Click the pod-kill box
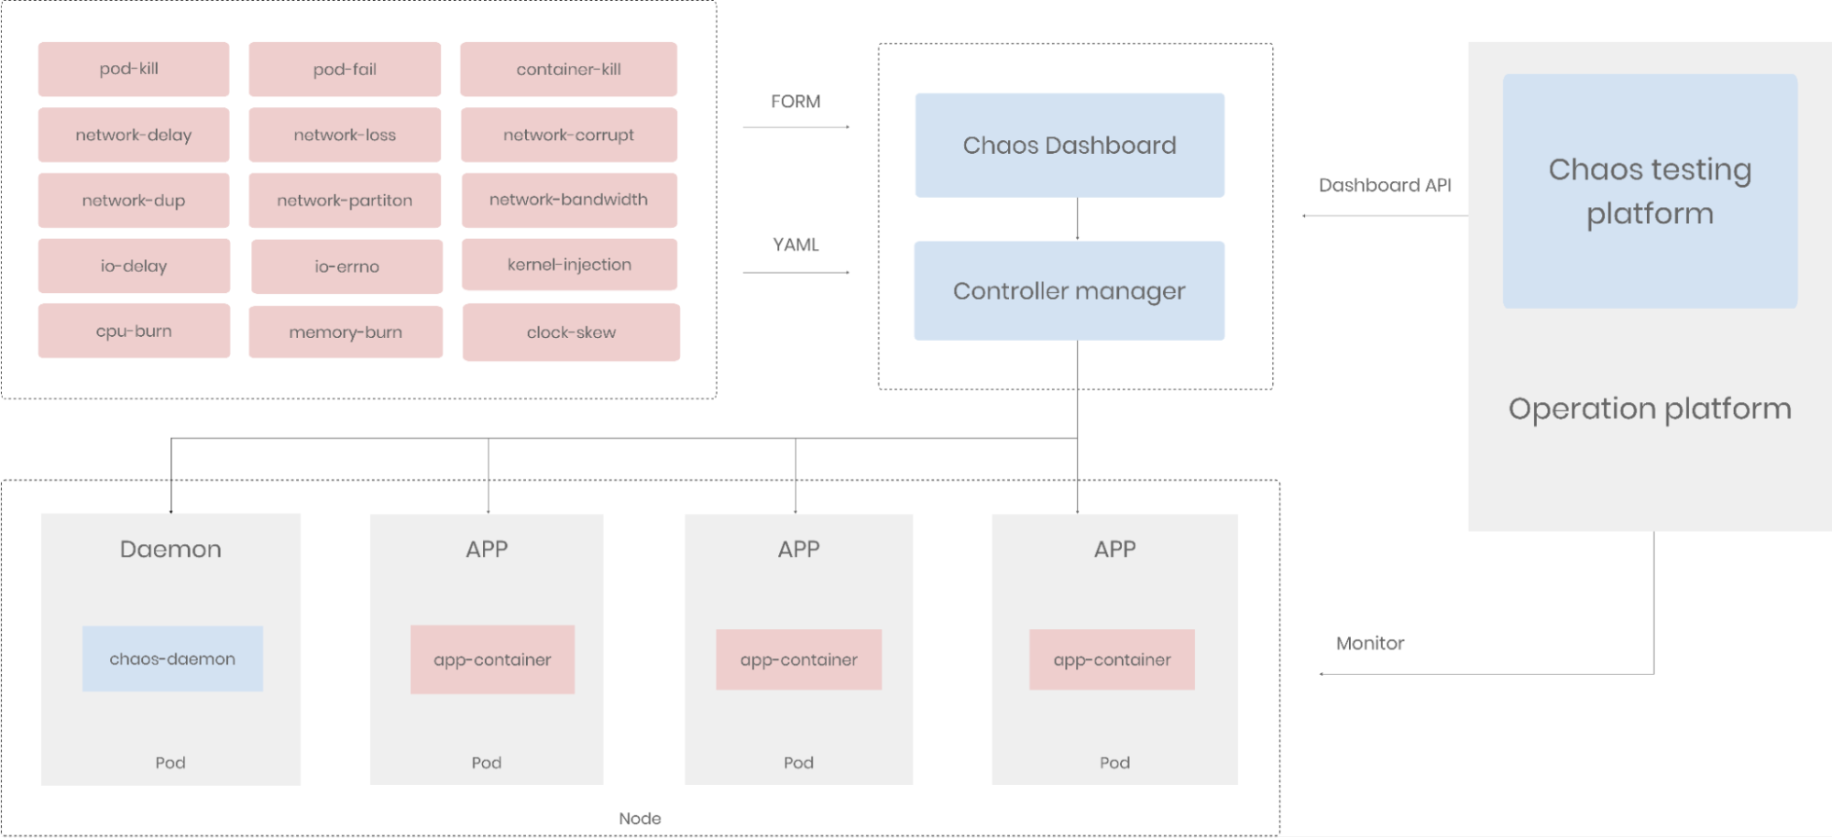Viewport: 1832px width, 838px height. coord(133,69)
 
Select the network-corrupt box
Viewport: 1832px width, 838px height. coord(568,135)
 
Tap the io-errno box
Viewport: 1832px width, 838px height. coord(346,267)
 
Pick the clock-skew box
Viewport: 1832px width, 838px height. coord(571,332)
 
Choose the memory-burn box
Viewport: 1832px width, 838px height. coord(346,332)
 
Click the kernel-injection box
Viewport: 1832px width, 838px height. coord(569,265)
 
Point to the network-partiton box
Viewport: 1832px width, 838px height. coord(345,201)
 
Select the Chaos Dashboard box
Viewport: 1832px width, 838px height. coord(1070,145)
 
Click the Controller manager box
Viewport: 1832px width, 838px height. coord(1069,291)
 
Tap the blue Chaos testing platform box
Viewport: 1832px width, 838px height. coord(1650,190)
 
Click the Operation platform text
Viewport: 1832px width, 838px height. coord(1650,408)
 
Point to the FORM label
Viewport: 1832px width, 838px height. coord(795,102)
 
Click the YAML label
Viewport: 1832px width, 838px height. coord(795,245)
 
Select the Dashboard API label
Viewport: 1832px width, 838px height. coord(1385,185)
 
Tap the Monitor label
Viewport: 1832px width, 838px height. coord(1369,643)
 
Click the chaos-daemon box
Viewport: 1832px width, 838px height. coord(172,658)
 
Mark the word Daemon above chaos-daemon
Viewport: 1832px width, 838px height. coord(170,550)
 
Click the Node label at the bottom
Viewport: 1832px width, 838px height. coord(640,819)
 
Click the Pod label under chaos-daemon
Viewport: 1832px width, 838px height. coord(170,763)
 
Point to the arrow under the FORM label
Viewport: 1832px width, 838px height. coord(795,126)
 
